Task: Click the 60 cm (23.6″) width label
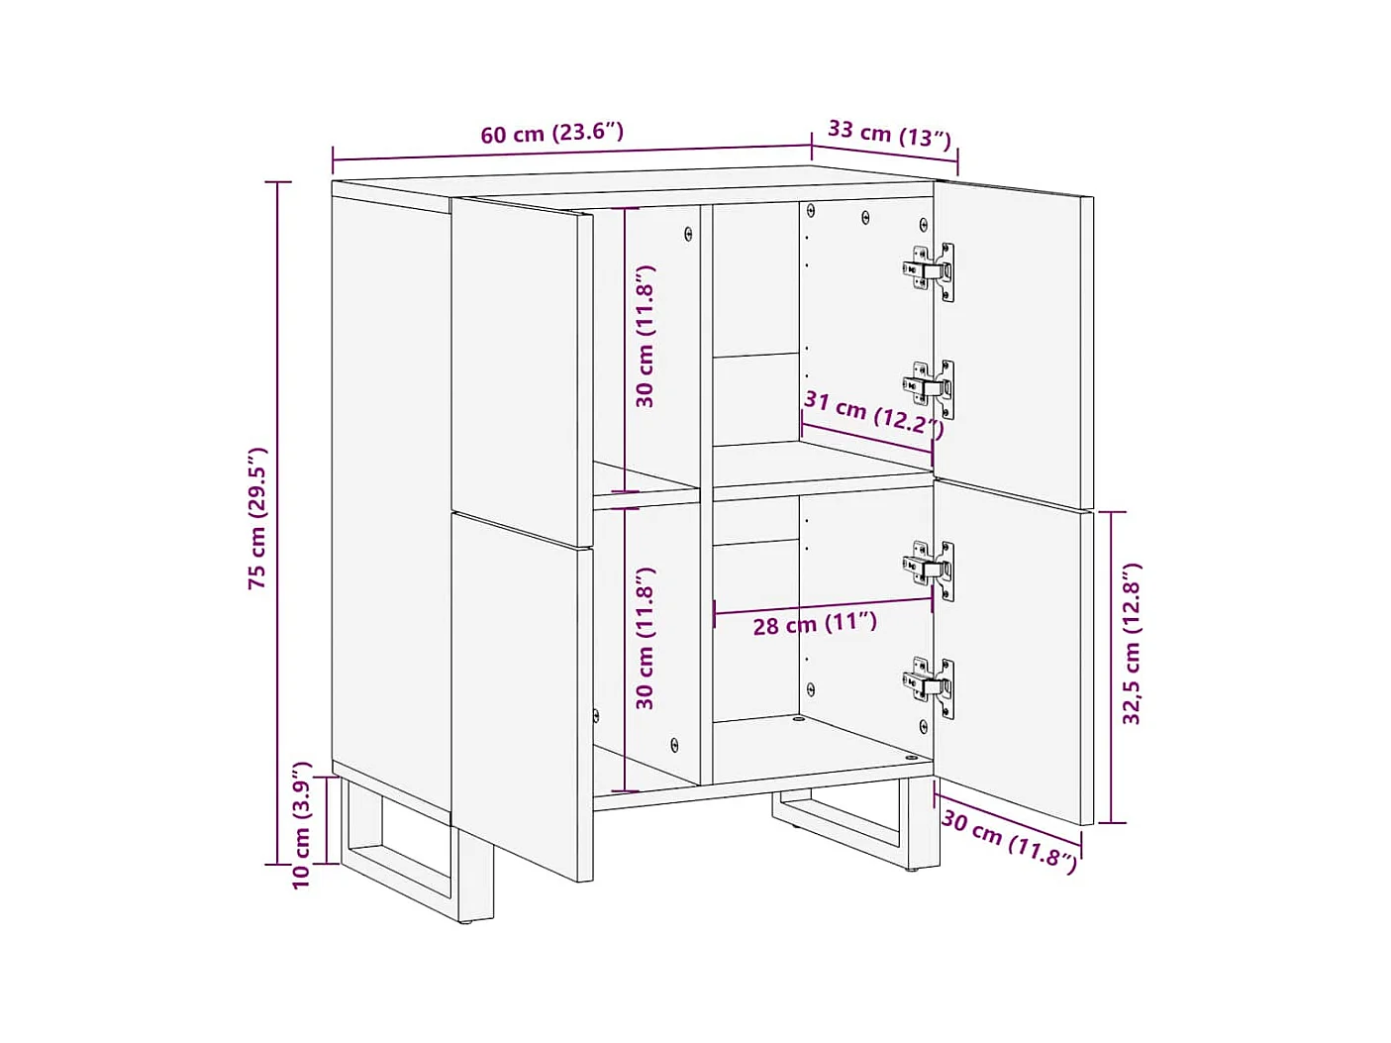pyautogui.click(x=552, y=133)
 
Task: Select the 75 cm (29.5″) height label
pyautogui.click(x=258, y=518)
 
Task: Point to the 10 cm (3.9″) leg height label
pyautogui.click(x=302, y=825)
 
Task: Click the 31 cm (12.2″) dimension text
pyautogui.click(x=874, y=415)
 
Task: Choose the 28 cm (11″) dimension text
pyautogui.click(x=815, y=623)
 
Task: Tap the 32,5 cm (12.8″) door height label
pyautogui.click(x=1132, y=643)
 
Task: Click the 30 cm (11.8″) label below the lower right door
pyautogui.click(x=1009, y=841)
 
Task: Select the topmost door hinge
pyautogui.click(x=929, y=271)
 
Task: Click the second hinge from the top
pyautogui.click(x=929, y=389)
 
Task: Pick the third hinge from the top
pyautogui.click(x=929, y=570)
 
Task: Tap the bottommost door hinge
pyautogui.click(x=929, y=687)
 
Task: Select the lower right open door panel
pyautogui.click(x=1014, y=652)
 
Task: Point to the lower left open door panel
pyautogui.click(x=522, y=697)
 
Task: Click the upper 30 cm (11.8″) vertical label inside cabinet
pyautogui.click(x=645, y=336)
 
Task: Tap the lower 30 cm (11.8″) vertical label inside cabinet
pyautogui.click(x=645, y=639)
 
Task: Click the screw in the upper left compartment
pyautogui.click(x=688, y=234)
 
